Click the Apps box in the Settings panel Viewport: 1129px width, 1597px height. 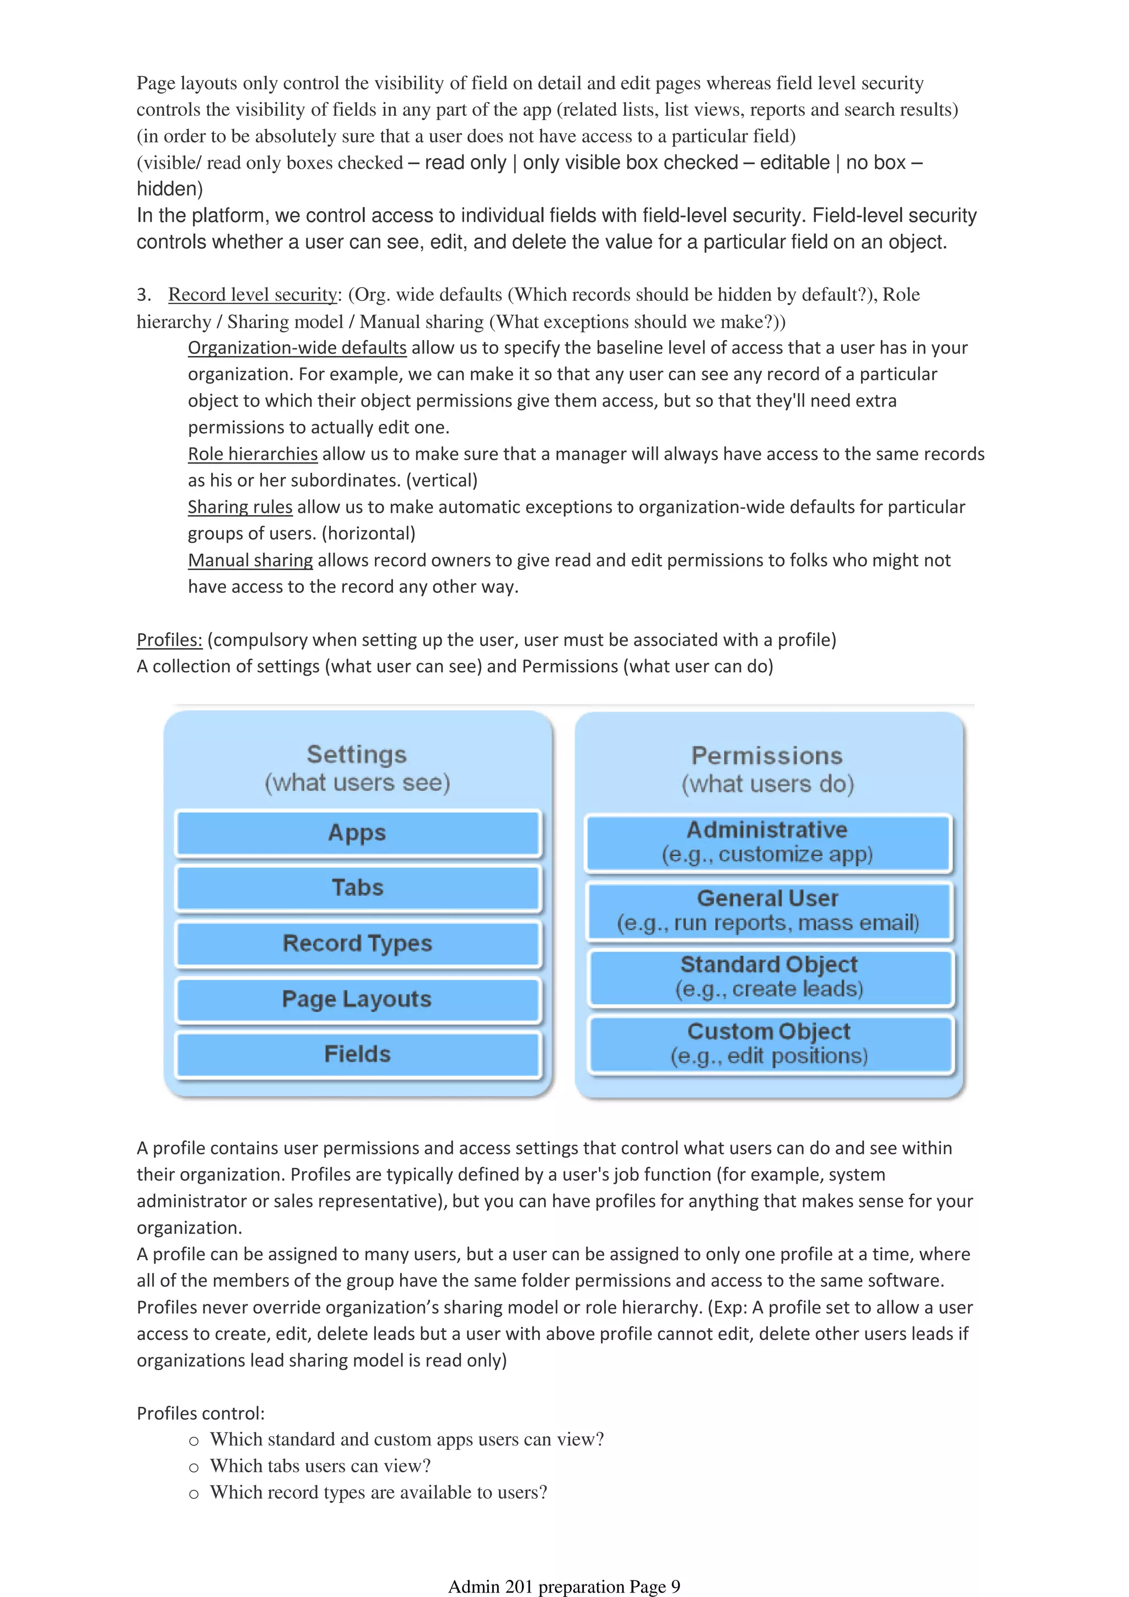click(x=358, y=833)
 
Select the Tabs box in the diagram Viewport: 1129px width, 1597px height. click(x=358, y=888)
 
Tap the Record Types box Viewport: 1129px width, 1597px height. click(x=358, y=944)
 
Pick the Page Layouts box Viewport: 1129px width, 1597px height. click(x=358, y=1000)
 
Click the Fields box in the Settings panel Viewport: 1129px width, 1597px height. click(x=358, y=1054)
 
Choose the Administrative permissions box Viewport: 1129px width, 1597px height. click(x=767, y=843)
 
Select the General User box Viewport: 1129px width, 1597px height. click(x=768, y=910)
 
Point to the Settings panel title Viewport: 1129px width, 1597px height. click(x=357, y=754)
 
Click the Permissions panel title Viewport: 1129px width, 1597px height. click(x=767, y=756)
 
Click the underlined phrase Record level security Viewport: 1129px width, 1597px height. click(x=252, y=295)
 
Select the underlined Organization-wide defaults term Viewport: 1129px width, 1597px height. click(x=297, y=348)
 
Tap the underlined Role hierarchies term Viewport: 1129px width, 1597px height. click(x=252, y=454)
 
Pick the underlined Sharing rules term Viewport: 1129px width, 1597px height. click(x=240, y=507)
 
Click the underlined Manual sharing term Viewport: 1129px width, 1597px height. click(x=250, y=560)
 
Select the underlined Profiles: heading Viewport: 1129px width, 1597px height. click(x=169, y=640)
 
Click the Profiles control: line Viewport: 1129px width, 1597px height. click(x=200, y=1413)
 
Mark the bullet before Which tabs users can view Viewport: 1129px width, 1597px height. click(x=194, y=1467)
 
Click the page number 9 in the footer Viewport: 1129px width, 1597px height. click(x=675, y=1587)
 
